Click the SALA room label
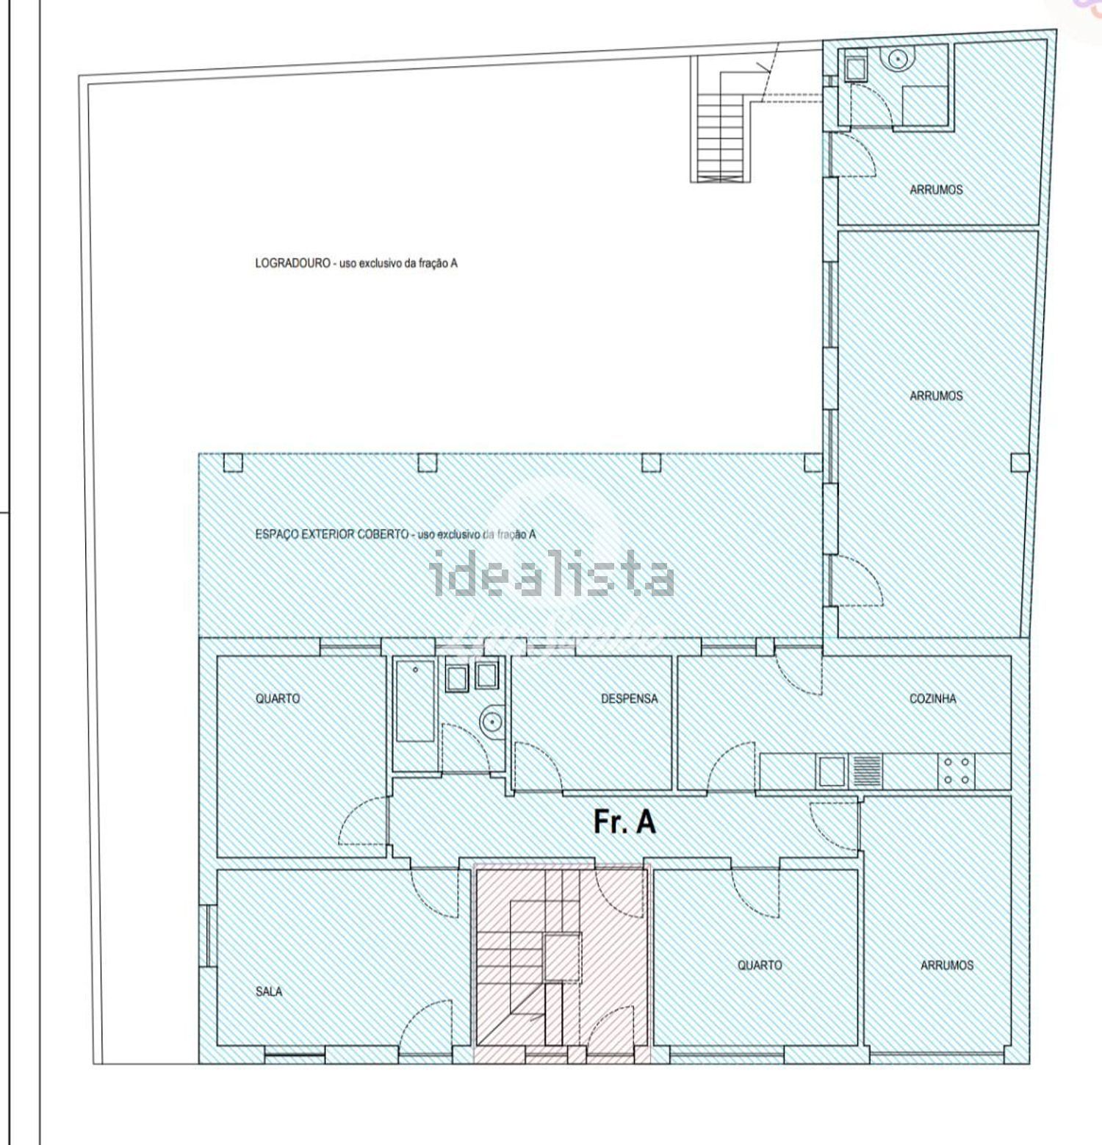[269, 991]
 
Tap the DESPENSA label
[630, 698]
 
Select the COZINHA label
[933, 698]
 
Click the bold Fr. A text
[624, 822]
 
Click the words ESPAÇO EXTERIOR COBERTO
[332, 534]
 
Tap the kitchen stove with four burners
[956, 770]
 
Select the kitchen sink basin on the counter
[832, 771]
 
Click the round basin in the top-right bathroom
[898, 59]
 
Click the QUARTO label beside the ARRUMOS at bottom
[760, 965]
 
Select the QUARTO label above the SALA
[278, 698]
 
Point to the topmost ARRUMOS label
[936, 190]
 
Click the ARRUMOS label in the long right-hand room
[936, 396]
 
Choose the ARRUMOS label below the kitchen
[947, 965]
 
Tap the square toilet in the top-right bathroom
[856, 68]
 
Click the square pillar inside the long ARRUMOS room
[1020, 462]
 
